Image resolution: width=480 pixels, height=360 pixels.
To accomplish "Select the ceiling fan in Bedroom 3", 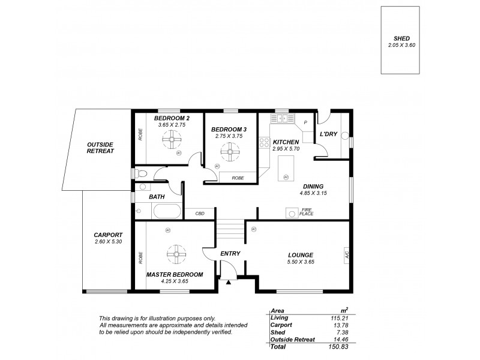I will click(x=229, y=152).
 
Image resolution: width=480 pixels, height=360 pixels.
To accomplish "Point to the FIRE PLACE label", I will click(x=307, y=212).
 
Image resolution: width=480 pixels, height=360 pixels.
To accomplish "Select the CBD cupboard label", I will click(x=199, y=213).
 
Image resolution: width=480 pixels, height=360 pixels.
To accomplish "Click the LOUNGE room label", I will click(x=301, y=255).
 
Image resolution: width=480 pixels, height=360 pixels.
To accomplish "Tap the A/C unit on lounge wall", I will click(x=347, y=254).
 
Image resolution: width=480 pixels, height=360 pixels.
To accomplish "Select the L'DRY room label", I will click(x=328, y=134).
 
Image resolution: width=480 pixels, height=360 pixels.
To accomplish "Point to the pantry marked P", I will click(x=306, y=122).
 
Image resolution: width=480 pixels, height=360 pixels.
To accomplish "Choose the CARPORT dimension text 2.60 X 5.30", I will click(x=108, y=242).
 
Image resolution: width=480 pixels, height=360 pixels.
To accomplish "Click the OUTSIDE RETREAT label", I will click(x=100, y=148).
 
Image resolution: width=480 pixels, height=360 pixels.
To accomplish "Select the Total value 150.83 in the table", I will click(x=340, y=346).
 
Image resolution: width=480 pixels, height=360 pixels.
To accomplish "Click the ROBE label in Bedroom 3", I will click(x=238, y=178).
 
